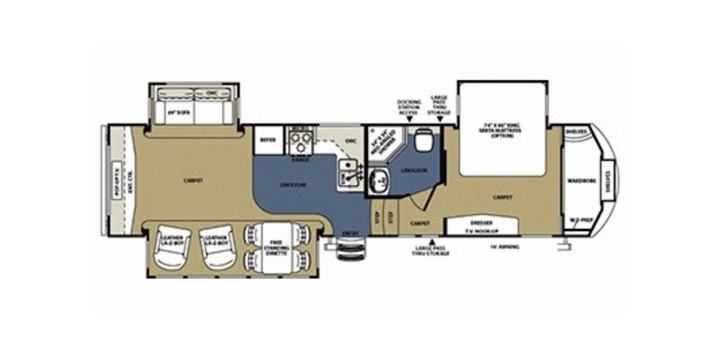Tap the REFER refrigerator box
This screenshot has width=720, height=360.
[x=267, y=141]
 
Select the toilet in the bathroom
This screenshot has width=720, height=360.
[x=423, y=141]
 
